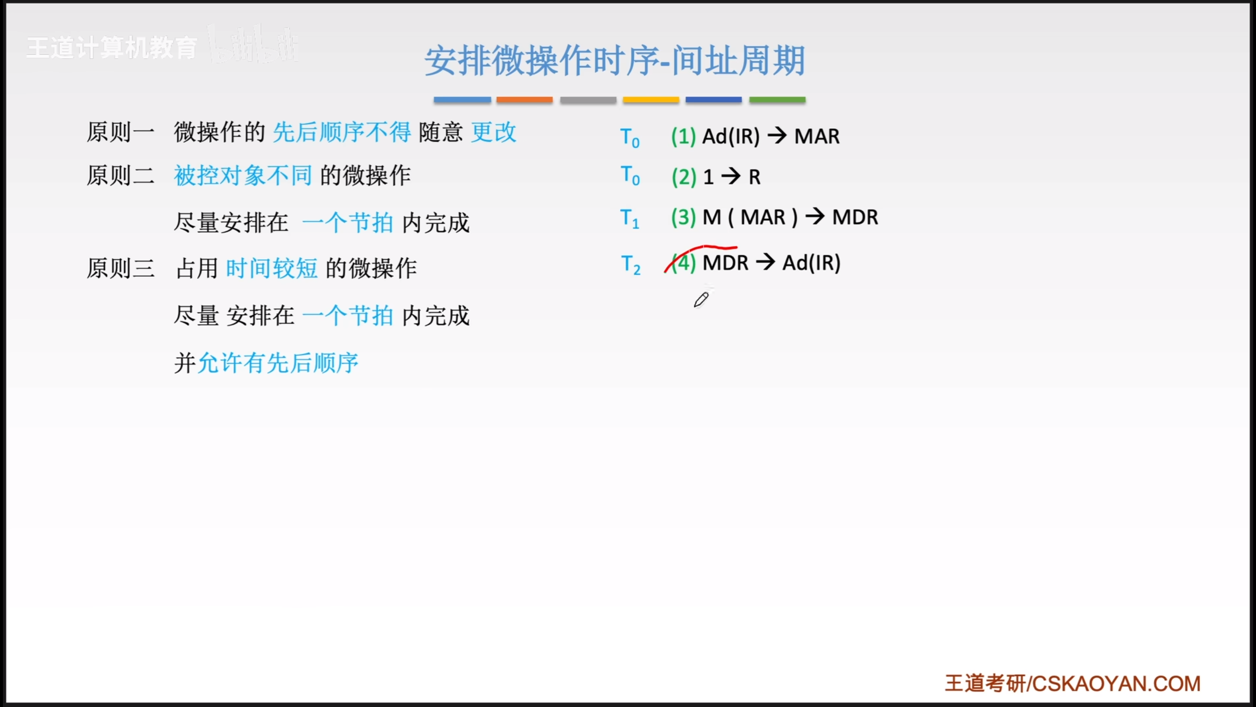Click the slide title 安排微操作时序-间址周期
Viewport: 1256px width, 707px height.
point(615,61)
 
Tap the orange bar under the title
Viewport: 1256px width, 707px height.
point(524,100)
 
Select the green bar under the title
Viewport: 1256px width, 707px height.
point(777,100)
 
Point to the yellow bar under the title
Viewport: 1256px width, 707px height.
point(651,100)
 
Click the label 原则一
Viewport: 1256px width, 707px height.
point(121,132)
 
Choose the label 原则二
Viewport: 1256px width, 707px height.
point(121,175)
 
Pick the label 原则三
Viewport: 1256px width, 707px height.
point(121,268)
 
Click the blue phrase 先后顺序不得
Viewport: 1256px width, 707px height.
point(342,132)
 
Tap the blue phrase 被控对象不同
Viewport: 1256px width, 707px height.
point(243,175)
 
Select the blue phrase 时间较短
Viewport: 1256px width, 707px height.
point(272,268)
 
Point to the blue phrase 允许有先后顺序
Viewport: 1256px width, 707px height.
point(278,363)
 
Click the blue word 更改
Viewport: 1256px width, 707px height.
point(494,132)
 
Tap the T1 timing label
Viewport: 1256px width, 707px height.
point(630,218)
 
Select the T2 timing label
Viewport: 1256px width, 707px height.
point(630,264)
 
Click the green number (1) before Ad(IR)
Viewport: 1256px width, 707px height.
point(683,136)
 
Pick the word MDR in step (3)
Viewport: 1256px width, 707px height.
point(855,217)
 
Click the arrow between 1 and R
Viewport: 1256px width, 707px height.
point(731,176)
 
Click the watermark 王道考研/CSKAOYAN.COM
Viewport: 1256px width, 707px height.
point(1073,683)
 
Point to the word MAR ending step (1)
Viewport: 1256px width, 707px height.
point(817,136)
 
